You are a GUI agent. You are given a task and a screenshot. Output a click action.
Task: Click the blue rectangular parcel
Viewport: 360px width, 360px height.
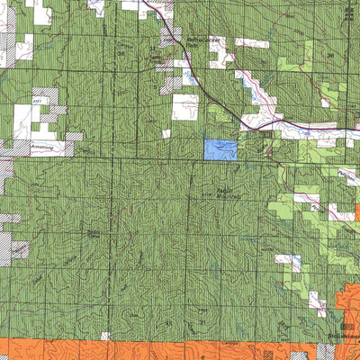coord(221,149)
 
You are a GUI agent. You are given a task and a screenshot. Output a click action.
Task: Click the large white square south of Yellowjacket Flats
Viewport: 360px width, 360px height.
coord(185,108)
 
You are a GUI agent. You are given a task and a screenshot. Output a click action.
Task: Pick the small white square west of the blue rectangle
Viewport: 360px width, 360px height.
coord(166,133)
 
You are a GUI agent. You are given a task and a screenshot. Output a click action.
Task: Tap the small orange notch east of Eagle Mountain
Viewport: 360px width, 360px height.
coord(357,213)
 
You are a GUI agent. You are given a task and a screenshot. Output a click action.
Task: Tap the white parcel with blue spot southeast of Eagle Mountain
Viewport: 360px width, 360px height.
coord(290,262)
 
